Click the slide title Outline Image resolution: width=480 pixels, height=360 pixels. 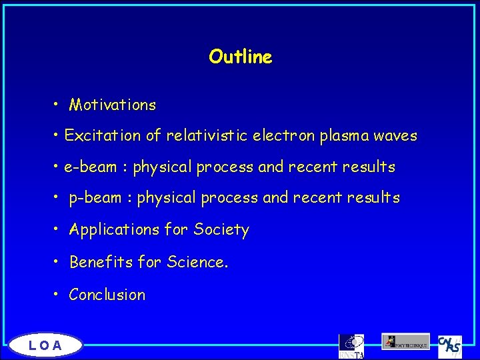click(240, 57)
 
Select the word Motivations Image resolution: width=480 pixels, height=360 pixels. click(113, 105)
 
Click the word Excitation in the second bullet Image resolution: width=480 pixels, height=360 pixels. click(103, 136)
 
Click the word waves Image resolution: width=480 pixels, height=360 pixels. click(395, 136)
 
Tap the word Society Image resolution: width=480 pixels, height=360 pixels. click(221, 230)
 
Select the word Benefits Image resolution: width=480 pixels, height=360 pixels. click(101, 262)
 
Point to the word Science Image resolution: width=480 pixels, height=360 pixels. click(197, 262)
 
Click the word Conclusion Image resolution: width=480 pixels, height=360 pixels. click(107, 295)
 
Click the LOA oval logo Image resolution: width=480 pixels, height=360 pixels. click(45, 345)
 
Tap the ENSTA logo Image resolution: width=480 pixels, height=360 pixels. click(351, 346)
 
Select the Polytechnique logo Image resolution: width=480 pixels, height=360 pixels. click(405, 341)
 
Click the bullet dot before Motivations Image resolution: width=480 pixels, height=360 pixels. click(58, 105)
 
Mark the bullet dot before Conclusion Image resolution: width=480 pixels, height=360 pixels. click(58, 295)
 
